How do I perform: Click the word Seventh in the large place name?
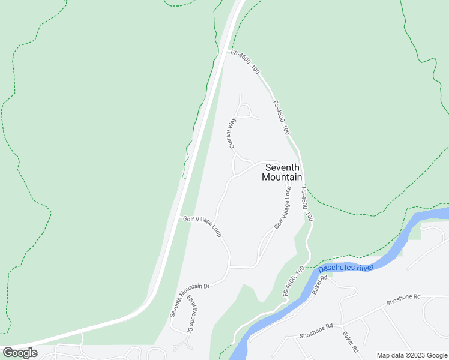coord(282,167)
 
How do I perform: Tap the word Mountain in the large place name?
coord(282,177)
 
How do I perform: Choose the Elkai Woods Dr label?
coord(191,314)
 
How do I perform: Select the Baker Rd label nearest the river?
coord(319,284)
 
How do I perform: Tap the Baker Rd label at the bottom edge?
coord(351,341)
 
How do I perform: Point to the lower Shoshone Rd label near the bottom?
coord(316,330)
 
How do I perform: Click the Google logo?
coord(20,353)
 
